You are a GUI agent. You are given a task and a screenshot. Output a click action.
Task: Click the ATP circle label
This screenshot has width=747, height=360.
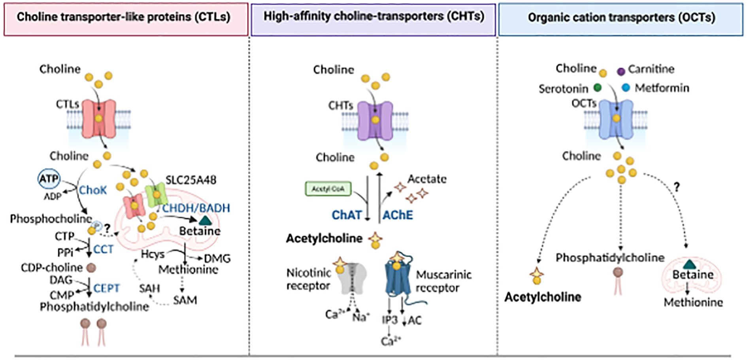tap(49, 179)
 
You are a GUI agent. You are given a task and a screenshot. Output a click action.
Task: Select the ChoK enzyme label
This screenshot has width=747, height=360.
tap(93, 190)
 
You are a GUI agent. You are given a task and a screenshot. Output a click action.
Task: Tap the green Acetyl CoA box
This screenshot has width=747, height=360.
tap(328, 189)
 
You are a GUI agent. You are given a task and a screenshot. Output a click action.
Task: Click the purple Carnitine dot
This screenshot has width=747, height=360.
tap(621, 71)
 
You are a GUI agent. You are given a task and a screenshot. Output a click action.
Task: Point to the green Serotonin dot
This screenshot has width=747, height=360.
tap(598, 87)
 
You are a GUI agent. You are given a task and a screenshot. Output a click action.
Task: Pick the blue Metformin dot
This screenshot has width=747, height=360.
tap(626, 88)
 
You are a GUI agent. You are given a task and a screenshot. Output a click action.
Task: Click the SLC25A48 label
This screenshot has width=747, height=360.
tap(191, 180)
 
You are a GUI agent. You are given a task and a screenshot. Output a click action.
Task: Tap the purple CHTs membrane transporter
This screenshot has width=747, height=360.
tap(375, 121)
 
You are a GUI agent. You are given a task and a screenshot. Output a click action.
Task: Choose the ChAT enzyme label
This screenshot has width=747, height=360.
tap(347, 215)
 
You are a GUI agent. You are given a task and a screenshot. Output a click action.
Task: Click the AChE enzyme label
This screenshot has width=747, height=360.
tap(398, 215)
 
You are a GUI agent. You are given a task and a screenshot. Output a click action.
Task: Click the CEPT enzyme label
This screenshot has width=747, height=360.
tap(107, 288)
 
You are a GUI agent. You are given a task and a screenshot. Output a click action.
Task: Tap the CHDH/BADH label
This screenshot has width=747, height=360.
tap(196, 208)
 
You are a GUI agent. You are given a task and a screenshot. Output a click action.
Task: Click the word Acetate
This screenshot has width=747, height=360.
tap(427, 179)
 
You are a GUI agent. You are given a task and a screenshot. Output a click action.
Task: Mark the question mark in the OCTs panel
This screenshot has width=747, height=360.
tap(677, 187)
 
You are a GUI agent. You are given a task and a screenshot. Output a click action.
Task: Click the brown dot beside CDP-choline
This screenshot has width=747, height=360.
tap(91, 268)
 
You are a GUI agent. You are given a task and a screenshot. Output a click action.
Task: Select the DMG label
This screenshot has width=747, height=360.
tap(217, 258)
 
